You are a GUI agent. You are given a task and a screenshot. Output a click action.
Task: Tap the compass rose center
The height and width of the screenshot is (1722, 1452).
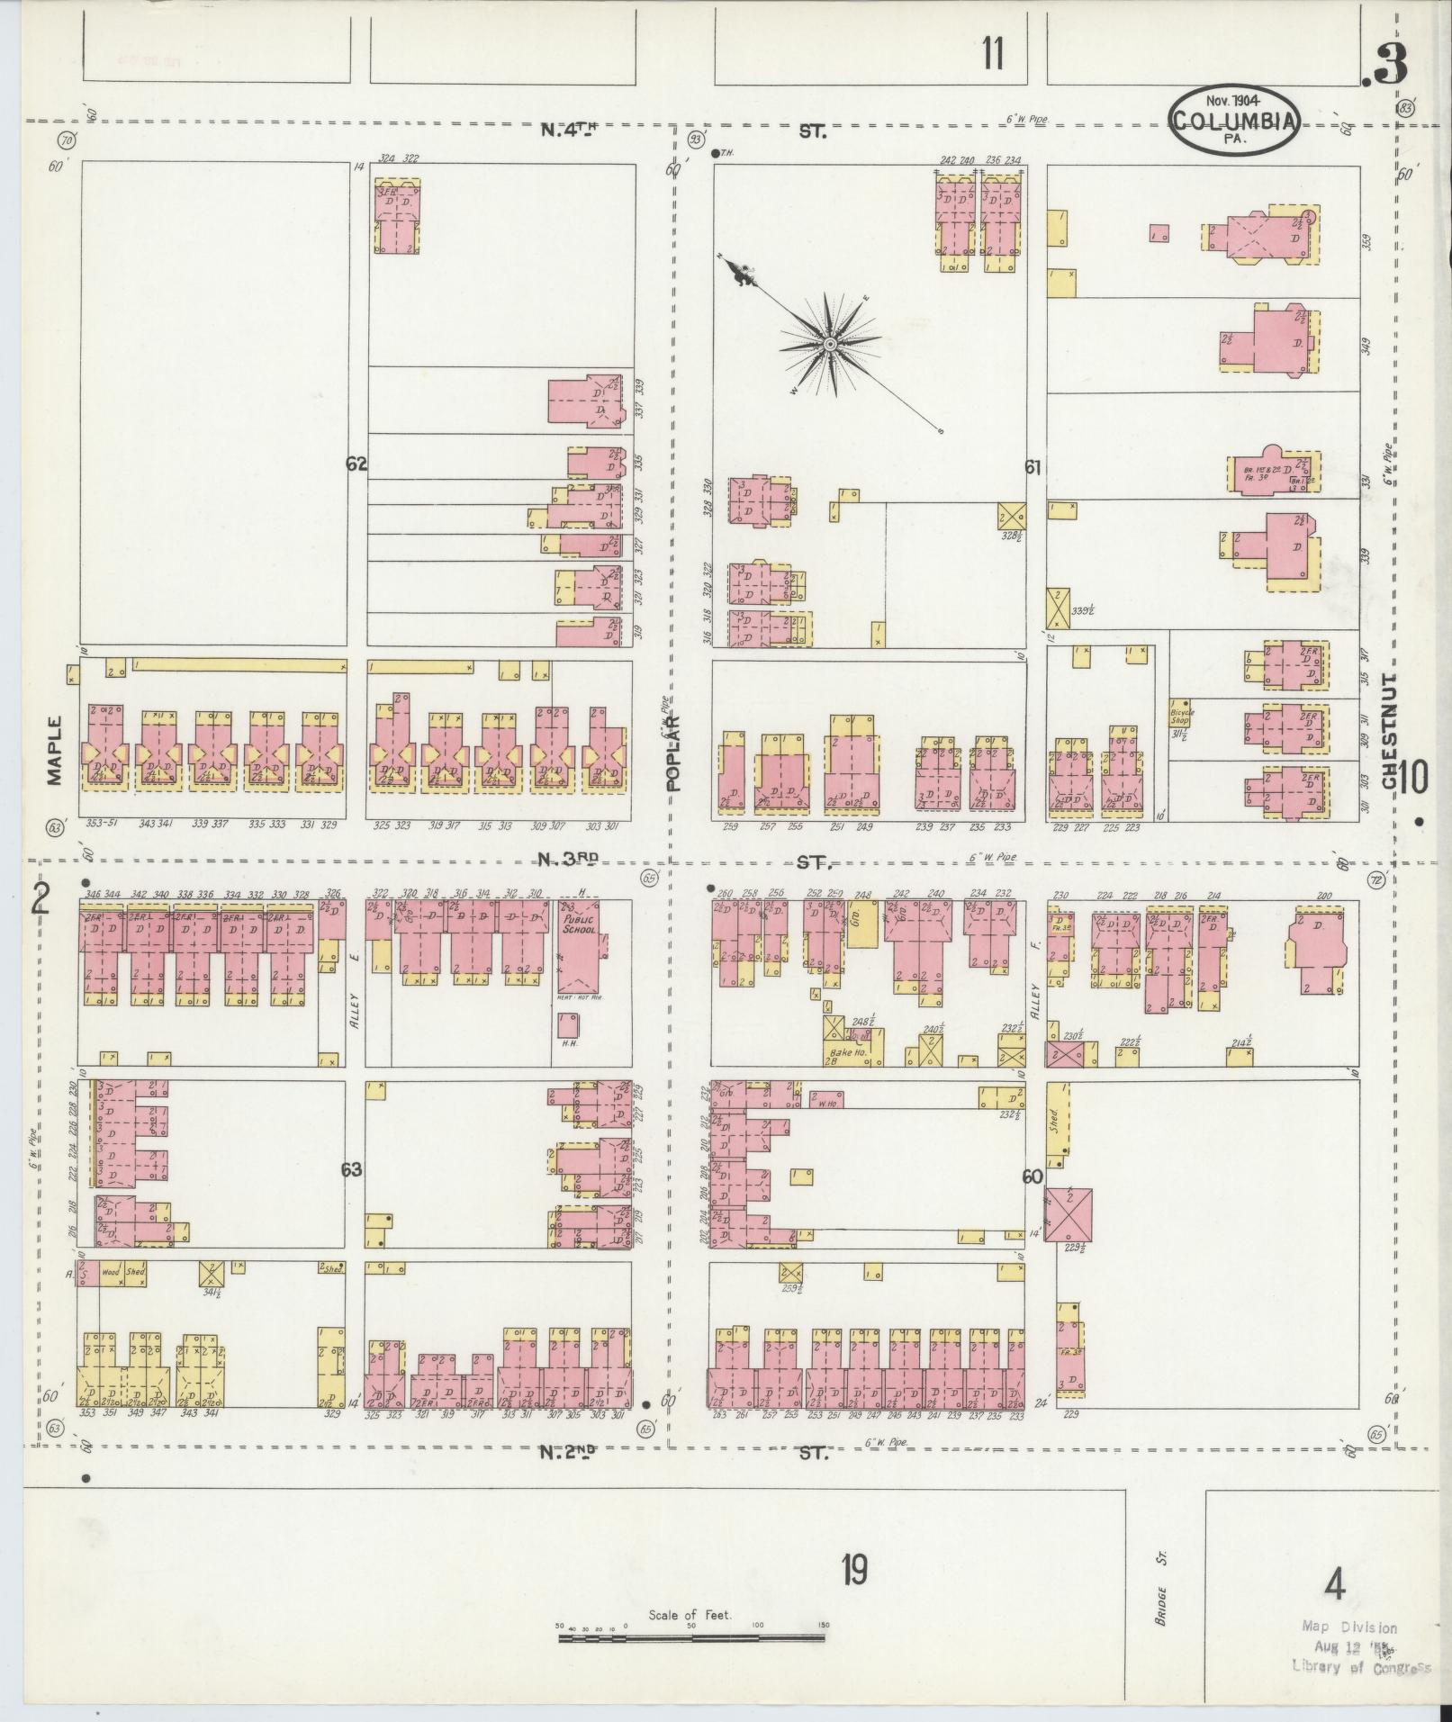(x=830, y=344)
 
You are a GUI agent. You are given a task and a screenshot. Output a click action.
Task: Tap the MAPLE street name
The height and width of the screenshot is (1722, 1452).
(x=56, y=751)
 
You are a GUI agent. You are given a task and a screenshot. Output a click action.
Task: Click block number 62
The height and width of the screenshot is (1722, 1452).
(x=356, y=464)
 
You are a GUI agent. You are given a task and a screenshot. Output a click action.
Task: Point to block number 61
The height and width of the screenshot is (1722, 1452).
(x=1033, y=467)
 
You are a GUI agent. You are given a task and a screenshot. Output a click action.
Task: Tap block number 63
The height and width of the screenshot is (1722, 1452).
(x=351, y=1169)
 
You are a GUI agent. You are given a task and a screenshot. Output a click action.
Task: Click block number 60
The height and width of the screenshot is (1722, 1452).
(x=1033, y=1177)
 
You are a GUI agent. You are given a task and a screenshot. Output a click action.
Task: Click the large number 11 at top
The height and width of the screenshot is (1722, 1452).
(x=992, y=55)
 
